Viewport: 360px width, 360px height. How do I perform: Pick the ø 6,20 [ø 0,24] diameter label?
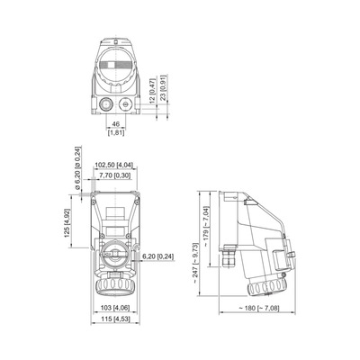(x=78, y=168)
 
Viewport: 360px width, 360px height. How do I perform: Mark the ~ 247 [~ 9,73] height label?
(x=195, y=264)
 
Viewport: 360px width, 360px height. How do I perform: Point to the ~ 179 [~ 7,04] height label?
(x=207, y=227)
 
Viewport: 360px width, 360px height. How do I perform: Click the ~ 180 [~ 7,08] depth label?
(x=259, y=308)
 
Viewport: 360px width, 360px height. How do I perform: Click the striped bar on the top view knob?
(x=116, y=66)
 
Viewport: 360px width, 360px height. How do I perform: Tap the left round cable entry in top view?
(x=106, y=104)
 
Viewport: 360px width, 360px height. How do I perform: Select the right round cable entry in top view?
(x=125, y=104)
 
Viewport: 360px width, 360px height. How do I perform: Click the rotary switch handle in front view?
(x=115, y=255)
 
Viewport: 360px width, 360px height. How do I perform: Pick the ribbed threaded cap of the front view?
(x=115, y=286)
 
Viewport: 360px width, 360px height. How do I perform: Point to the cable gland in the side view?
(x=229, y=256)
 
